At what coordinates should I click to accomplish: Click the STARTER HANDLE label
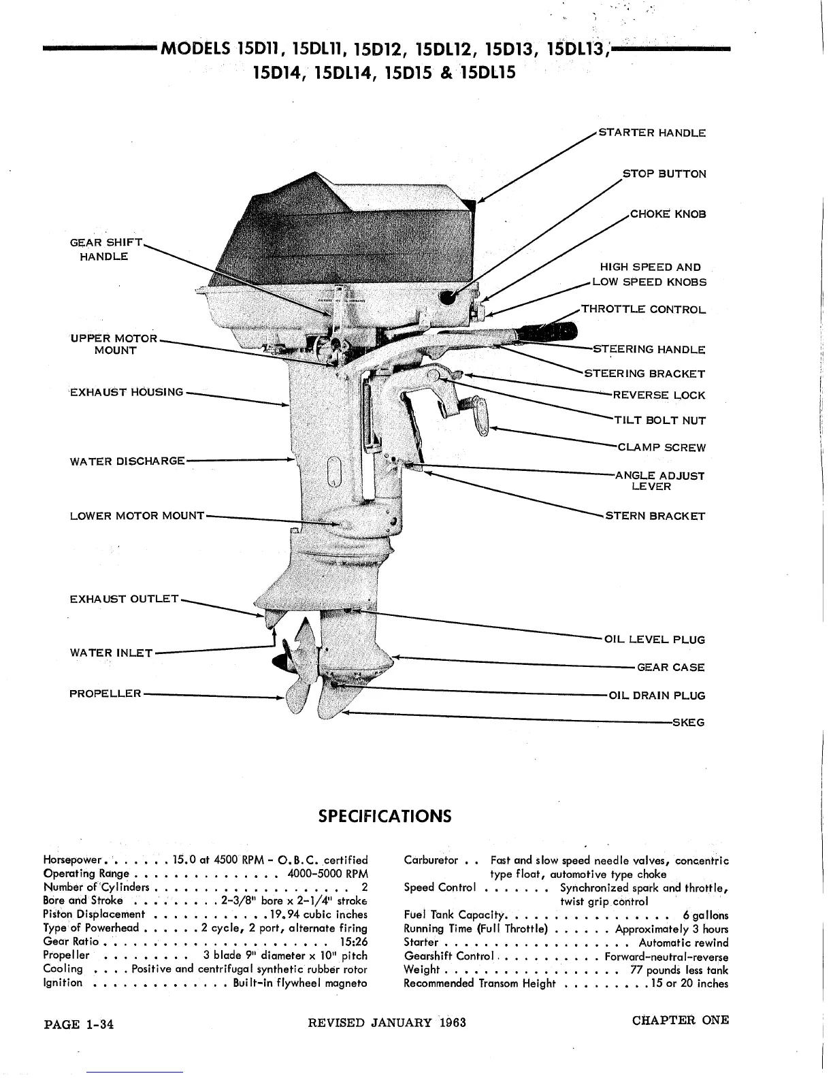point(651,133)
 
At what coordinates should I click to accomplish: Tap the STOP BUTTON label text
point(664,174)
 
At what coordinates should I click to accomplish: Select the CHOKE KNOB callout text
point(668,214)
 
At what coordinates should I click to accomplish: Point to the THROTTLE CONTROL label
point(643,310)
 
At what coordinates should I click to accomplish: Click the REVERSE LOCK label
point(659,395)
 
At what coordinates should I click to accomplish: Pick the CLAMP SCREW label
point(661,448)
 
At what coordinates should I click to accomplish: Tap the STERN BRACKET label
point(655,516)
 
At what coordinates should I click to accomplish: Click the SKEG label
point(688,722)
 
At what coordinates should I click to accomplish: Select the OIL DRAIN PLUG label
point(657,696)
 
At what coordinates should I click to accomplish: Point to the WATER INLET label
point(111,653)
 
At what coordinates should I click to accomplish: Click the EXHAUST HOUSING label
point(127,392)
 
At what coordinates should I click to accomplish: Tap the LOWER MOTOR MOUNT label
point(137,516)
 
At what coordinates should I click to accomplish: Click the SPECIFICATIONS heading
point(385,815)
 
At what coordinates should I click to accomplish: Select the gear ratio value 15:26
point(353,943)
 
